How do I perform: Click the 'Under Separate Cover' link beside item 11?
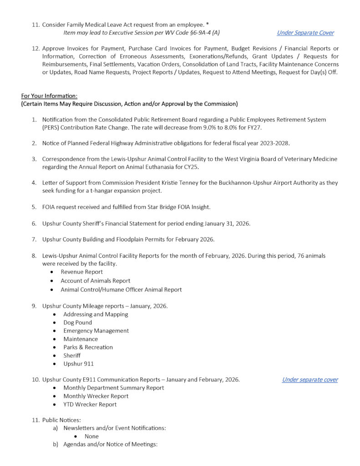tap(305, 33)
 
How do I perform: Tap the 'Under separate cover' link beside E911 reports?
tap(309, 380)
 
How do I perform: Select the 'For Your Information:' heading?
tap(49, 96)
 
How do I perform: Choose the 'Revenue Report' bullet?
tap(81, 272)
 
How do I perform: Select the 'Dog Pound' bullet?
tap(77, 322)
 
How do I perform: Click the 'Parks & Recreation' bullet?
tap(88, 347)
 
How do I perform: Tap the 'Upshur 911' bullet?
tap(78, 364)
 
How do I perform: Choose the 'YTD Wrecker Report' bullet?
tap(90, 404)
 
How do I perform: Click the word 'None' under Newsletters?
tap(91, 436)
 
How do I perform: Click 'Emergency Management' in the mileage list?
tap(96, 331)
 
